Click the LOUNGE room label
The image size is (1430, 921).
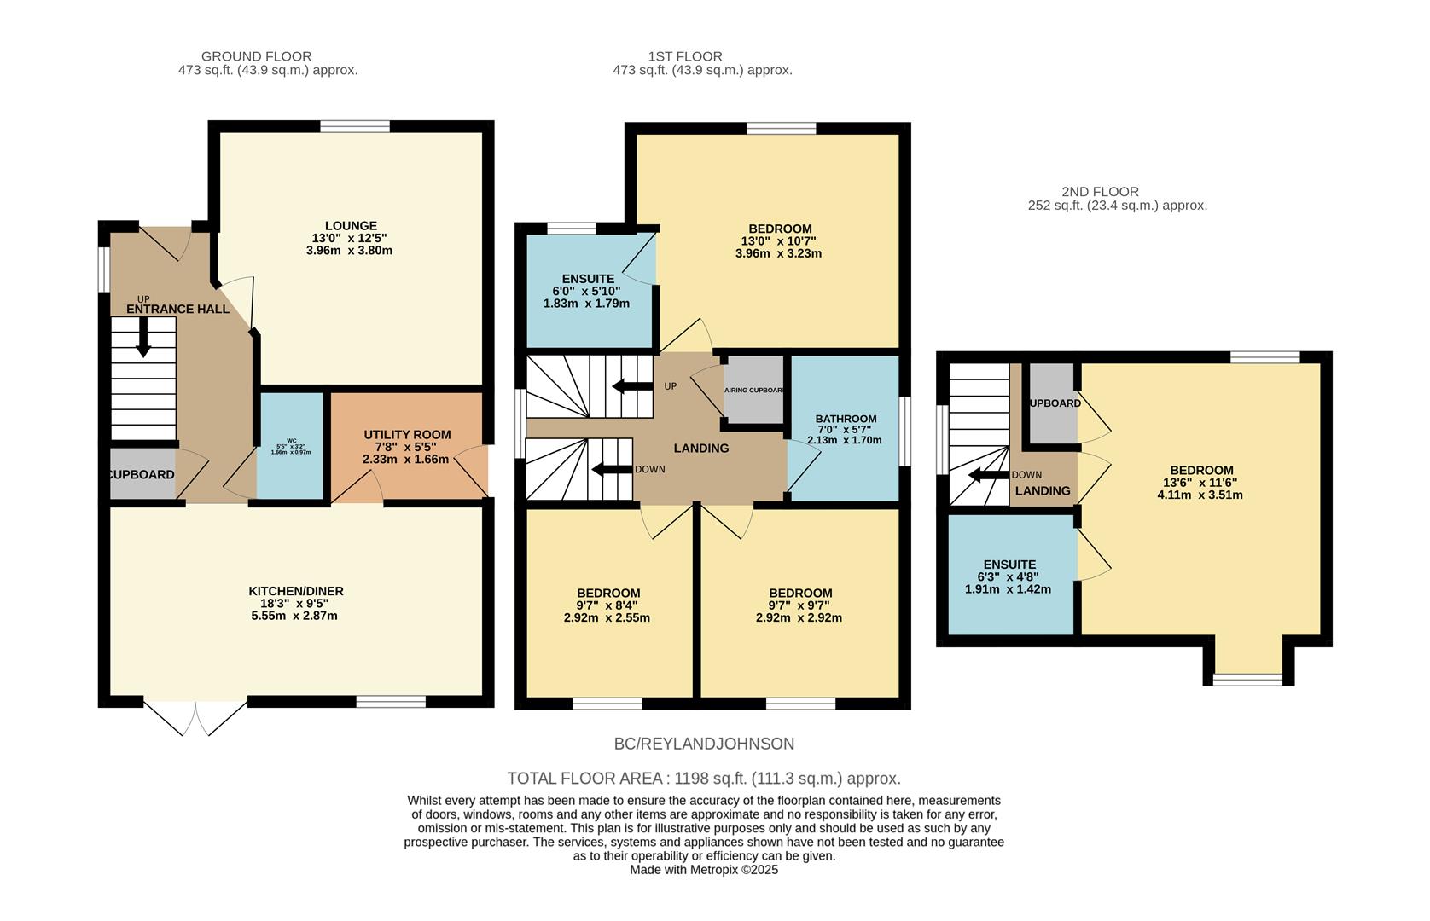tap(351, 226)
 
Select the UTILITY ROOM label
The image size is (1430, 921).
tap(406, 434)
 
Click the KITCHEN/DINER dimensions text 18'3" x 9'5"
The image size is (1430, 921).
tap(295, 603)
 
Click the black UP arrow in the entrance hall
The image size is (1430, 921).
tap(143, 338)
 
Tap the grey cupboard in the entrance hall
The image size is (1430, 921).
tap(142, 474)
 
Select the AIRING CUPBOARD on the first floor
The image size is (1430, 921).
tap(753, 391)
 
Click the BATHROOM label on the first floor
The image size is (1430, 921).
tap(845, 419)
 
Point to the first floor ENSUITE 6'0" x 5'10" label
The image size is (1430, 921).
tap(588, 279)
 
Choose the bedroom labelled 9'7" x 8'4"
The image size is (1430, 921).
tap(607, 594)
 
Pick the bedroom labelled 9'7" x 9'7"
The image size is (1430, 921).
tap(799, 594)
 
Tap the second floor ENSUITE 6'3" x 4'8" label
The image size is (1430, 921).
tap(1009, 565)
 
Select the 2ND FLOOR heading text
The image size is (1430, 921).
tap(1100, 192)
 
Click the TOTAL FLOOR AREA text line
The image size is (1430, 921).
tap(704, 779)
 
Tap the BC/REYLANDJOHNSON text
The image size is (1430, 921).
tap(704, 744)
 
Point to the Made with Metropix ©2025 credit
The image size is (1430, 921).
tap(704, 870)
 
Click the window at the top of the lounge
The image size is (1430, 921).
tap(355, 126)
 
